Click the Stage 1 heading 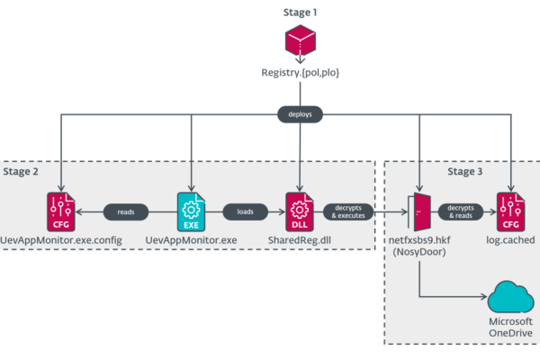click(299, 13)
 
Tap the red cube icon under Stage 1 click(299, 42)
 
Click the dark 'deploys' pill click(299, 114)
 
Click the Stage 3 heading click(469, 171)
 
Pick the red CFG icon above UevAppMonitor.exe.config click(60, 211)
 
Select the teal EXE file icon click(191, 211)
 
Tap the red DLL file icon click(299, 211)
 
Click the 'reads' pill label click(125, 212)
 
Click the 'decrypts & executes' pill click(347, 212)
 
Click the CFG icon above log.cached click(510, 211)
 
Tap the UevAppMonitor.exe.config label click(60, 241)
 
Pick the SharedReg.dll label click(299, 241)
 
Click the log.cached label click(510, 241)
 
